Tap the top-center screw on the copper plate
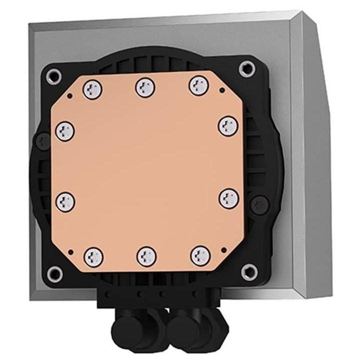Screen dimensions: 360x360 pos(145,88)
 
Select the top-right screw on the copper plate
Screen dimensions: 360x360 pos(198,85)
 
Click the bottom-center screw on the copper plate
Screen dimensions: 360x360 pos(146,255)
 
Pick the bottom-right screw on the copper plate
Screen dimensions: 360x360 pos(200,255)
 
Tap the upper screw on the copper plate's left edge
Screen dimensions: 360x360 pos(65,131)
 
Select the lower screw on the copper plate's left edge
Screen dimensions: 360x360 pos(65,201)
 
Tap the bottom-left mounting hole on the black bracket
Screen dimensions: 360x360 pos(55,273)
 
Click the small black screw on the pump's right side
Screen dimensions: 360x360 pos(259,204)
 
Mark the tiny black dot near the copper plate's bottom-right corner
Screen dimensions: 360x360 pos(224,252)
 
